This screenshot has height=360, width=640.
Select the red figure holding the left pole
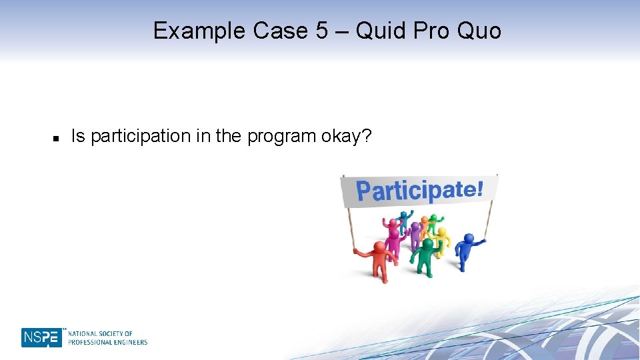(x=379, y=261)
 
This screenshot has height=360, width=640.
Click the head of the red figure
(x=379, y=247)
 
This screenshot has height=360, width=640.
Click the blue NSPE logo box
(x=41, y=337)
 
